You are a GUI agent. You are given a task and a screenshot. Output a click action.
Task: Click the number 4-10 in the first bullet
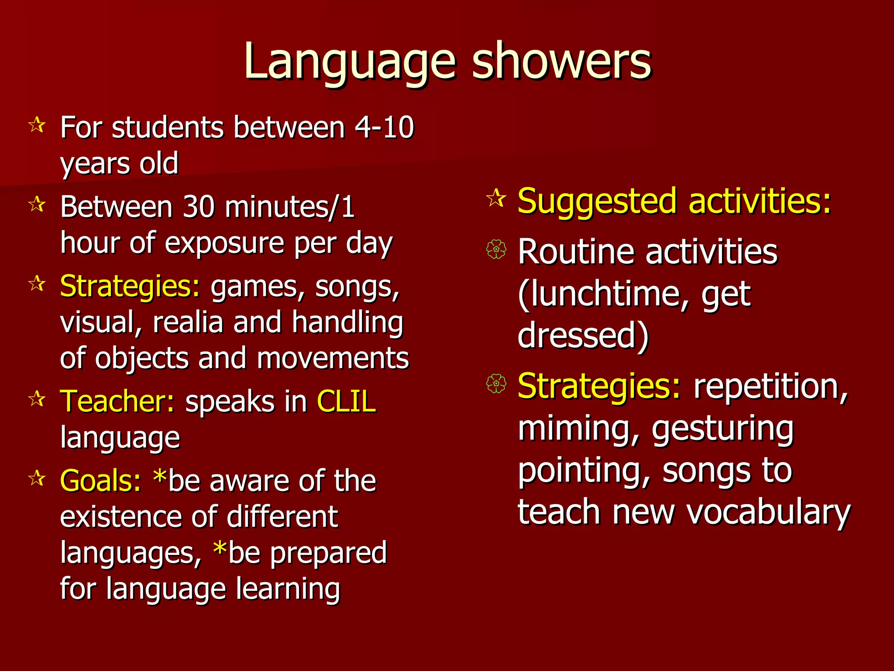(384, 128)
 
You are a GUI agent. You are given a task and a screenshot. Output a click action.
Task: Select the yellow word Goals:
(100, 481)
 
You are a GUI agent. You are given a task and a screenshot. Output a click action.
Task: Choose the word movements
(333, 358)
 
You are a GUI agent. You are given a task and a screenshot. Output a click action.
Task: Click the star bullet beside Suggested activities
(496, 199)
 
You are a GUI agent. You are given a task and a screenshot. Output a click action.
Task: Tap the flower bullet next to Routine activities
(496, 250)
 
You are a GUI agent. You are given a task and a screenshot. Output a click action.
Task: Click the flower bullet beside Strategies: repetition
(496, 384)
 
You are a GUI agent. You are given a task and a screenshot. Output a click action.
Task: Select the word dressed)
(583, 335)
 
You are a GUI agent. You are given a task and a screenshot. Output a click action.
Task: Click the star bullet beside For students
(37, 126)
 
